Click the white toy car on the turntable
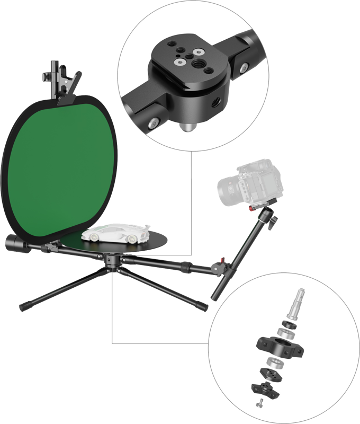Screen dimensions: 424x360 point(118,234)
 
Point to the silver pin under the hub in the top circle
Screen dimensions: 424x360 point(186,128)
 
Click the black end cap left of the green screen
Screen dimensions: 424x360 point(12,244)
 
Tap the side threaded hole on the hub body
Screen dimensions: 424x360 point(215,99)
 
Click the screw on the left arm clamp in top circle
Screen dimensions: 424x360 point(153,123)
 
